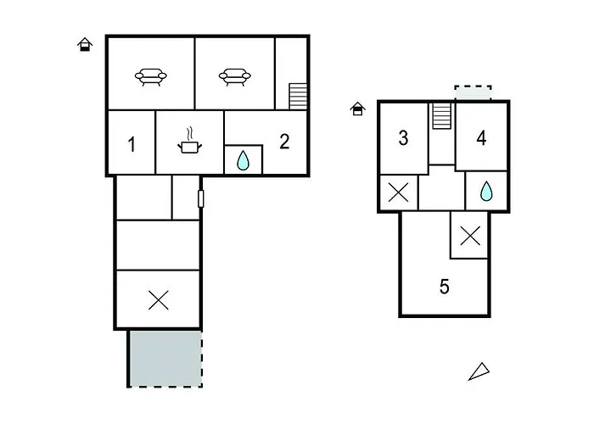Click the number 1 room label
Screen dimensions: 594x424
pos(132,144)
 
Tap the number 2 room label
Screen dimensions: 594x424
pos(284,142)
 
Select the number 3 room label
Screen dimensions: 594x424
pos(403,137)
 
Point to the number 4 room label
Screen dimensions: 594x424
pos(481,138)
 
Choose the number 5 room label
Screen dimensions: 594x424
pos(445,287)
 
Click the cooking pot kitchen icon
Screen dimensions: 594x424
pos(190,141)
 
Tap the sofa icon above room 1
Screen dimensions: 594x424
pos(151,77)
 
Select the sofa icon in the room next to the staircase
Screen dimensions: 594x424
pos(235,77)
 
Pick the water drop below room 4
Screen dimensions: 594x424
pos(486,191)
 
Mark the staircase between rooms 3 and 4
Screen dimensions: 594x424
pos(442,116)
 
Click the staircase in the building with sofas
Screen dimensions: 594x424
pos(298,97)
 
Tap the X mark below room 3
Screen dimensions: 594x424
pos(399,192)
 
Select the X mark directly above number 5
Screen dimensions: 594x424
pos(470,236)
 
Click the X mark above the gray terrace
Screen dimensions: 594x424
pos(159,300)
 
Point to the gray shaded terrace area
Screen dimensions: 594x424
pos(165,359)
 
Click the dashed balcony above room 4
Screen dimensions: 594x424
pos(474,93)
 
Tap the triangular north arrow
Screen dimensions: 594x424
pos(479,371)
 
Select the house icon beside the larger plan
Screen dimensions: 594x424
pos(85,44)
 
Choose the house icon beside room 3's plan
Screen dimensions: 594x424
pos(357,109)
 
